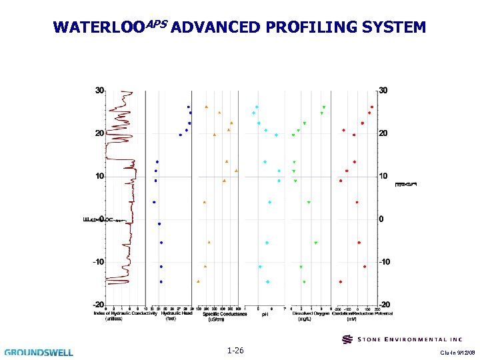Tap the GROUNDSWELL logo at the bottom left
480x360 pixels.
click(39, 352)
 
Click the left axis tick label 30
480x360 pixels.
click(99, 90)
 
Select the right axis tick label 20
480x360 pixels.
click(385, 133)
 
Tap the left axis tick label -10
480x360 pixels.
click(97, 262)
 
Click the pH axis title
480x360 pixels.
click(265, 314)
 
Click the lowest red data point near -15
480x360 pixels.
click(341, 282)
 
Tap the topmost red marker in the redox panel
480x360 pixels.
click(372, 107)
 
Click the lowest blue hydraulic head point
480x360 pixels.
click(161, 282)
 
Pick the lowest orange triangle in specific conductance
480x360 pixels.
click(198, 281)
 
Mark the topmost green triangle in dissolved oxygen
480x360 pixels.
click(324, 107)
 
